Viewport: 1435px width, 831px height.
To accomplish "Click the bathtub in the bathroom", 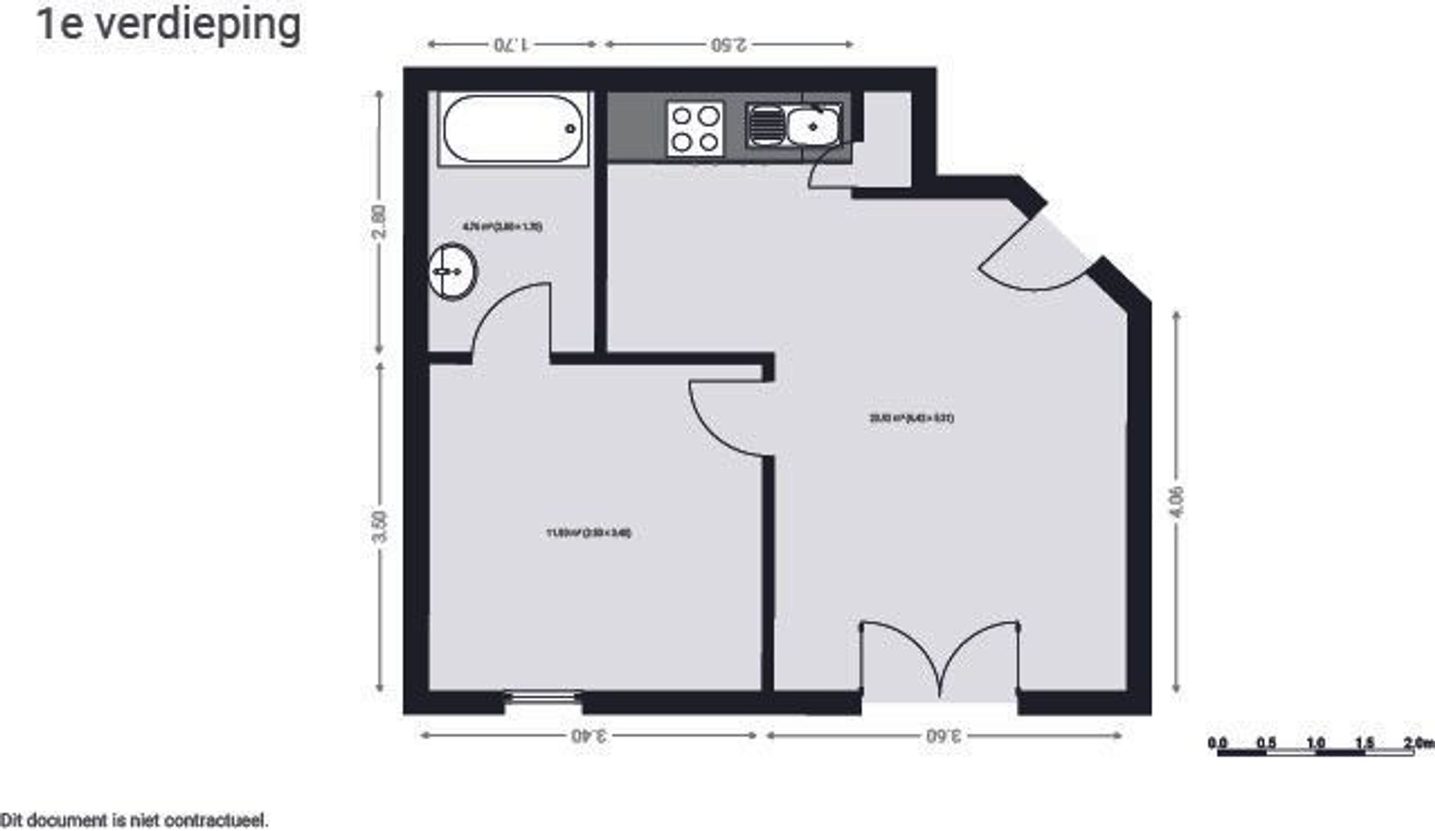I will pyautogui.click(x=513, y=129).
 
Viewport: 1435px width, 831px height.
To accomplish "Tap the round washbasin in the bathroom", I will pyautogui.click(x=453, y=271).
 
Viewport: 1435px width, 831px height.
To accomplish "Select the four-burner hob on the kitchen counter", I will pyautogui.click(x=694, y=128).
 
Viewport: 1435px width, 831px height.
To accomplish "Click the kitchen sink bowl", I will pyautogui.click(x=812, y=126).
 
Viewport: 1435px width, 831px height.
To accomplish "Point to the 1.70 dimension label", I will pyautogui.click(x=512, y=44).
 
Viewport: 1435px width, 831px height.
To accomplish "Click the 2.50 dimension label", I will pyautogui.click(x=729, y=44).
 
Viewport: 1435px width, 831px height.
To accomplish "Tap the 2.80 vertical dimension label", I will pyautogui.click(x=379, y=222).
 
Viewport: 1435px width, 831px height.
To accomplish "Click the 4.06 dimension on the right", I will pyautogui.click(x=1176, y=502).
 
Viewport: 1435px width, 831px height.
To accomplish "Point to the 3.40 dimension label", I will pyautogui.click(x=588, y=736).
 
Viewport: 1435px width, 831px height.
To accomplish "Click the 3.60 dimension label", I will pyautogui.click(x=944, y=736).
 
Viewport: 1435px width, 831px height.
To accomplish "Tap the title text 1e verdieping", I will pyautogui.click(x=169, y=25).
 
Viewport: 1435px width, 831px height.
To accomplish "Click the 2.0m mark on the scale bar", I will pyautogui.click(x=1419, y=743).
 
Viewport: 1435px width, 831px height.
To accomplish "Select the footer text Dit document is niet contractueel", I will pyautogui.click(x=134, y=820).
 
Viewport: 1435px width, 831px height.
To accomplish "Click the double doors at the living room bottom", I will pyautogui.click(x=940, y=659).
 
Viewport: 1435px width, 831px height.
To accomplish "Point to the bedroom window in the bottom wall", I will pyautogui.click(x=544, y=697).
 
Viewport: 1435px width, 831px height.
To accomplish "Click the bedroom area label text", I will pyautogui.click(x=589, y=533).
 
